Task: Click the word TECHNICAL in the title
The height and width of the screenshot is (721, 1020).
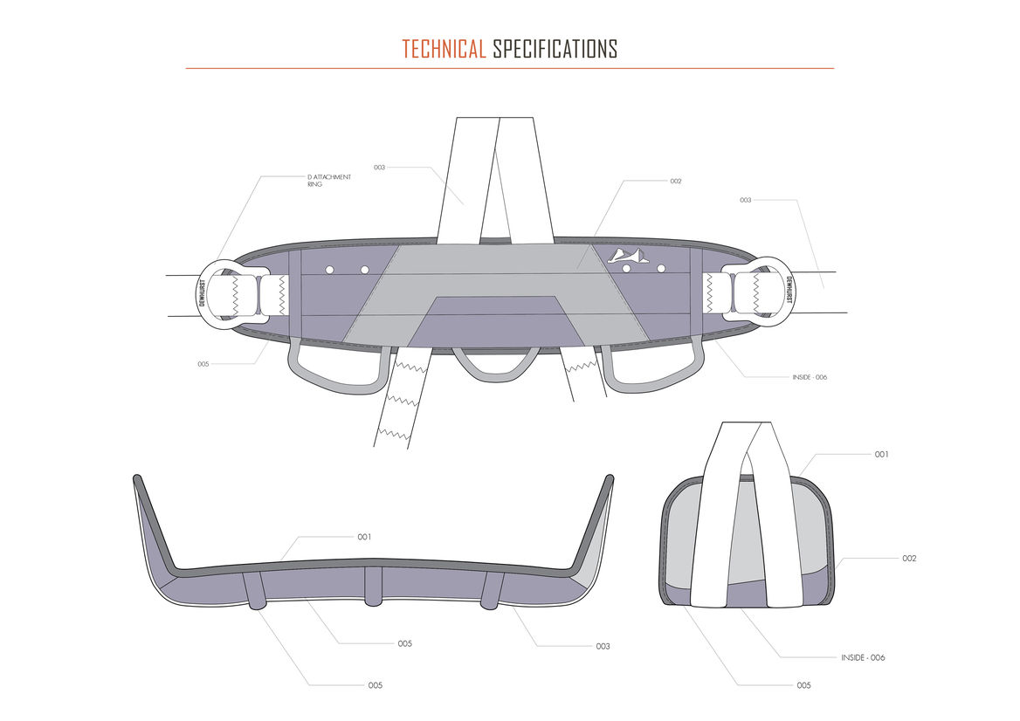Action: tap(443, 49)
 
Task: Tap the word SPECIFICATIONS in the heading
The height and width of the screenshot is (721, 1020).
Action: tap(555, 49)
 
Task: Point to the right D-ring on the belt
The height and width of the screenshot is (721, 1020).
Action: tap(772, 290)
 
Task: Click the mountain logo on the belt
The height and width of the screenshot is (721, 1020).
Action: tap(627, 255)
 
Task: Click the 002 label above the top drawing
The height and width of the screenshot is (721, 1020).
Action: tap(675, 182)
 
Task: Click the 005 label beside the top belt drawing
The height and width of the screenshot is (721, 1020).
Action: tap(203, 364)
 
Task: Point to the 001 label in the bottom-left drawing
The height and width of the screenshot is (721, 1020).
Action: tap(364, 537)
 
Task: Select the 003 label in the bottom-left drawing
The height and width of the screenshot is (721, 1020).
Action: tap(603, 647)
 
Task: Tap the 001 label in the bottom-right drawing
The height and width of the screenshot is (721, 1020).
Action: tap(882, 455)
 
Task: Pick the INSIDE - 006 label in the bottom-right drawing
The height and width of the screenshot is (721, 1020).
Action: tap(863, 657)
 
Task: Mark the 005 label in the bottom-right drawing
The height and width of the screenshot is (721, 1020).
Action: tap(803, 685)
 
